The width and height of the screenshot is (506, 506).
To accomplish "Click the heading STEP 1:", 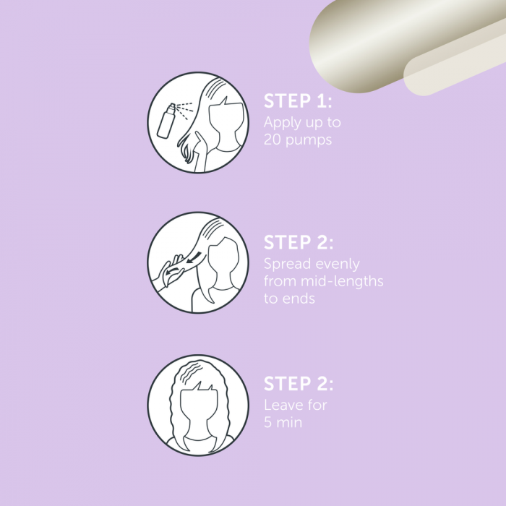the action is point(298,101).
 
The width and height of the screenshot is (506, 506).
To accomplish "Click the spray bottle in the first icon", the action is point(166,121).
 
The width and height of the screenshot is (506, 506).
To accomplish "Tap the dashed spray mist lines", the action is point(184,110).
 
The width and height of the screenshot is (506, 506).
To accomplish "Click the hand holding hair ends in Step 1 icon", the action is point(201,151).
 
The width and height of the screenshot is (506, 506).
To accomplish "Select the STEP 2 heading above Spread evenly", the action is point(299,242).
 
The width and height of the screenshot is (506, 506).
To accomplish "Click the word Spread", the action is point(287,265).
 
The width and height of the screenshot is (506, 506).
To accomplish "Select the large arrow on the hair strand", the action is point(194,257).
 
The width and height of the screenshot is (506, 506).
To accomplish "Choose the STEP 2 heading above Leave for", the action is point(299,384).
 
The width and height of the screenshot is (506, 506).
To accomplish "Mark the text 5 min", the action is point(283,422).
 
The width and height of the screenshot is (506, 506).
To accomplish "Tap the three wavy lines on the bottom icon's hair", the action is point(191,372).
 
